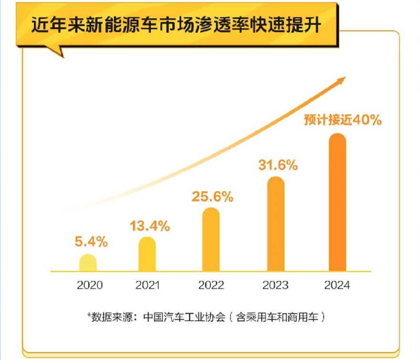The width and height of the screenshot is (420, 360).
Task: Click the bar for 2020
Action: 88,263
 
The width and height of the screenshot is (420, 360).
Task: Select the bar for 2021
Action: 147,254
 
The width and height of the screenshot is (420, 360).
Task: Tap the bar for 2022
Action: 211,240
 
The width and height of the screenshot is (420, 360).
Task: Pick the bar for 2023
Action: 275,224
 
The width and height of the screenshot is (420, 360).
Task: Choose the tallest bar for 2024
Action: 337,202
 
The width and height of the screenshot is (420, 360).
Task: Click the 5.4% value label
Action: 91,242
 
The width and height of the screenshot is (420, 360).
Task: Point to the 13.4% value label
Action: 150,226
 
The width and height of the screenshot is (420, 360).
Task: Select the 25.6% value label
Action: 212,196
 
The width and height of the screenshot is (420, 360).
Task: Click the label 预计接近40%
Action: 343,120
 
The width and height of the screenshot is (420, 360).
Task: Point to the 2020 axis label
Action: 90,286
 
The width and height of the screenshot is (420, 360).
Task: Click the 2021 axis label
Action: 147,286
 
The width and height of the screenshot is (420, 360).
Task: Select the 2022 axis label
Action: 211,286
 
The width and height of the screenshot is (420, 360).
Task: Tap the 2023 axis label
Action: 275,286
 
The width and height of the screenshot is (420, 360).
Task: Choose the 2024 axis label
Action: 337,286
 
